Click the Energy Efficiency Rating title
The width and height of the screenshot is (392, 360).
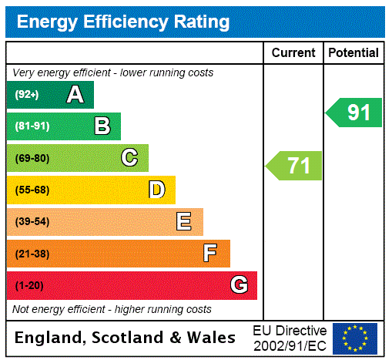[123, 22]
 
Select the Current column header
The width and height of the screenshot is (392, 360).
[293, 53]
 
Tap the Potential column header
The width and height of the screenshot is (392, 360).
[353, 53]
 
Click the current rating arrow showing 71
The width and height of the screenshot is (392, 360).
[294, 166]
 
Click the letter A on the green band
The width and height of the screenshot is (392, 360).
[75, 95]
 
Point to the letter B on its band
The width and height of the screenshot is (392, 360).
[102, 126]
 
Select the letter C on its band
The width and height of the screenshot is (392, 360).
[129, 158]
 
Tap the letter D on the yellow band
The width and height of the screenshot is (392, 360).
[157, 190]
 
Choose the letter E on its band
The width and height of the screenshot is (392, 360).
[184, 222]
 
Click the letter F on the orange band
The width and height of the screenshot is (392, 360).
[210, 254]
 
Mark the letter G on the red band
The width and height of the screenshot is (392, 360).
[239, 285]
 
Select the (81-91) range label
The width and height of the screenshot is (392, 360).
[32, 126]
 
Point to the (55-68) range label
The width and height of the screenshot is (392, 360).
[32, 190]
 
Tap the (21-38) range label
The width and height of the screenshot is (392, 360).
[32, 254]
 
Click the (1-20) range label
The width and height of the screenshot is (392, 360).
[29, 285]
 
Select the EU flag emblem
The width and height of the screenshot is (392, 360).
[355, 338]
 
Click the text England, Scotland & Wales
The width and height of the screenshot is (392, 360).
[126, 338]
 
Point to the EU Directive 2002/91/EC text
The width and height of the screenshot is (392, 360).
[290, 338]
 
